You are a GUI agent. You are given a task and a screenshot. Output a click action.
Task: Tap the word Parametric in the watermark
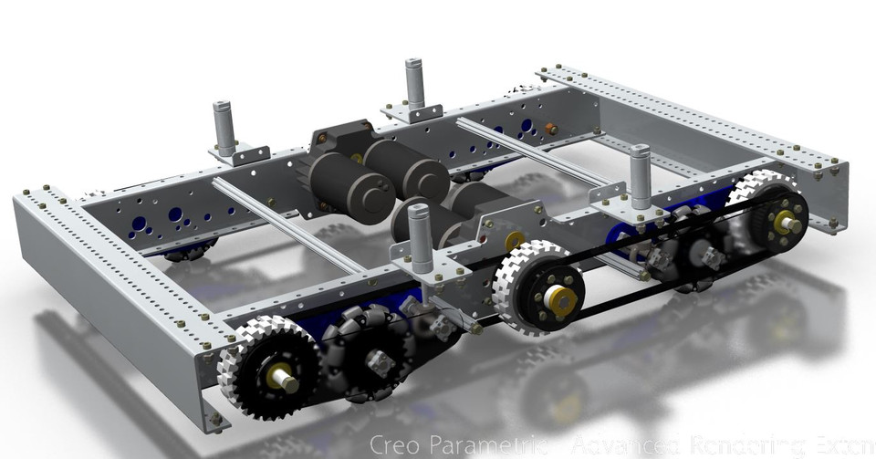[493, 444]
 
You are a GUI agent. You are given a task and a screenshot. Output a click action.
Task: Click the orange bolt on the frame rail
[551, 129]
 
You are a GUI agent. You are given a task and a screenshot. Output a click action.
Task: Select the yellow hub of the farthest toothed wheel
[786, 222]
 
